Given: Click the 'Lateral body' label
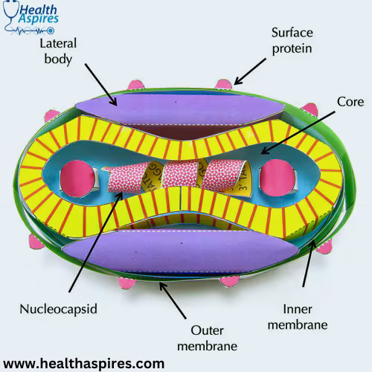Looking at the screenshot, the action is pyautogui.click(x=58, y=51).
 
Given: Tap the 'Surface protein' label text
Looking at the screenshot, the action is pyautogui.click(x=292, y=41).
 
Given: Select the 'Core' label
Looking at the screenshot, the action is pyautogui.click(x=350, y=102).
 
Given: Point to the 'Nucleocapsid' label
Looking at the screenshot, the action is pyautogui.click(x=58, y=310).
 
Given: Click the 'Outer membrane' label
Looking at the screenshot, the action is pyautogui.click(x=207, y=339).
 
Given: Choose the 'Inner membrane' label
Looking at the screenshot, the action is pyautogui.click(x=298, y=317).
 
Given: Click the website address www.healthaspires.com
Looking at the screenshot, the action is pyautogui.click(x=84, y=364).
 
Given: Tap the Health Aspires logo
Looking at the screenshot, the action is pyautogui.click(x=31, y=18).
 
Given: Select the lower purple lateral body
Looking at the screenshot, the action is pyautogui.click(x=181, y=251).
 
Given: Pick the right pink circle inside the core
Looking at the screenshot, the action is pyautogui.click(x=278, y=178).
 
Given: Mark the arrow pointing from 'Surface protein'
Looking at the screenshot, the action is pyautogui.click(x=250, y=72).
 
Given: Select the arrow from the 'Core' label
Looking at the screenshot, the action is pyautogui.click(x=298, y=132).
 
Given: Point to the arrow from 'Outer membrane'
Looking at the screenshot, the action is pyautogui.click(x=173, y=301).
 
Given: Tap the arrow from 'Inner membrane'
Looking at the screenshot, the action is pyautogui.click(x=309, y=263).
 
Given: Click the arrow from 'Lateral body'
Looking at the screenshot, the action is pyautogui.click(x=100, y=85).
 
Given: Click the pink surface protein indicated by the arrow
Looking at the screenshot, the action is pyautogui.click(x=224, y=84).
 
